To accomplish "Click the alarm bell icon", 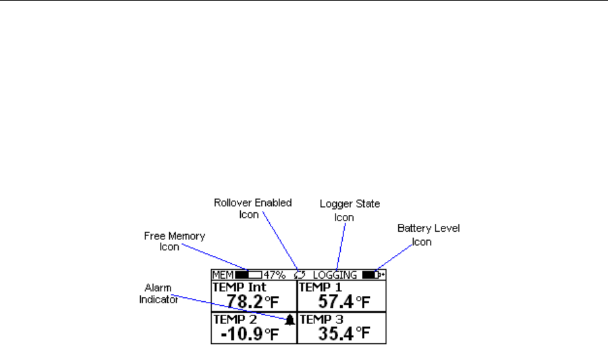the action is (290, 320).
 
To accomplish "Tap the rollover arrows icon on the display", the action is (299, 275).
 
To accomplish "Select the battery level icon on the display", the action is (374, 275).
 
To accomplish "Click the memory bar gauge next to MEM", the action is (248, 275).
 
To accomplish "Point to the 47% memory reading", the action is (274, 275).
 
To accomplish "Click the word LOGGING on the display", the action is (334, 275).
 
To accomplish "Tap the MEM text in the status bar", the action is (223, 275).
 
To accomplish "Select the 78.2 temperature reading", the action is (245, 301).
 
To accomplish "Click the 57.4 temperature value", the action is (336, 301).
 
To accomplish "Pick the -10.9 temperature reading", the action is (241, 334).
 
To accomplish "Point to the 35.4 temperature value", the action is (336, 334).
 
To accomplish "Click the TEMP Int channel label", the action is (239, 287).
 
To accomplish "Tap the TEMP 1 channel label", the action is (320, 287).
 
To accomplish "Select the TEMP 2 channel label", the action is (235, 319).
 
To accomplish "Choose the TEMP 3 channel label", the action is (321, 319).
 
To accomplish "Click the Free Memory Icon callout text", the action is (174, 241).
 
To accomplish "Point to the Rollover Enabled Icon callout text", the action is (252, 208).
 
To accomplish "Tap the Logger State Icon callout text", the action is (349, 210).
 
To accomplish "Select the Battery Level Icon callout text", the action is (428, 235).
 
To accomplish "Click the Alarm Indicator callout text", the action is (158, 294).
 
